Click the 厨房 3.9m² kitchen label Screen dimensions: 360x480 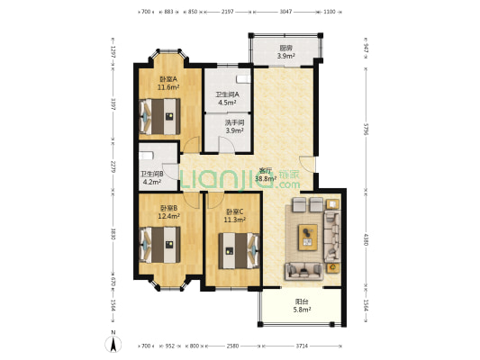pos(285,52)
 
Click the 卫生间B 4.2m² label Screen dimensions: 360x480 pos(151,179)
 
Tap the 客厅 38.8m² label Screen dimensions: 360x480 pos(266,175)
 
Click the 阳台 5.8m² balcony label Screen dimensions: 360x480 pos(301,306)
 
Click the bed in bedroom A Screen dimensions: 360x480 pos(161,114)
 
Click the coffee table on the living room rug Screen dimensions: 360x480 pos(309,237)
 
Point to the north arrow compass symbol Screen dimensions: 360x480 pos(113,343)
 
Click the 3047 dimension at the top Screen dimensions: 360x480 pos(285,12)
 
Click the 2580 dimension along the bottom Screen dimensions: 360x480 pos(232,346)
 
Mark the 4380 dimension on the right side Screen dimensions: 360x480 pos(367,241)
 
